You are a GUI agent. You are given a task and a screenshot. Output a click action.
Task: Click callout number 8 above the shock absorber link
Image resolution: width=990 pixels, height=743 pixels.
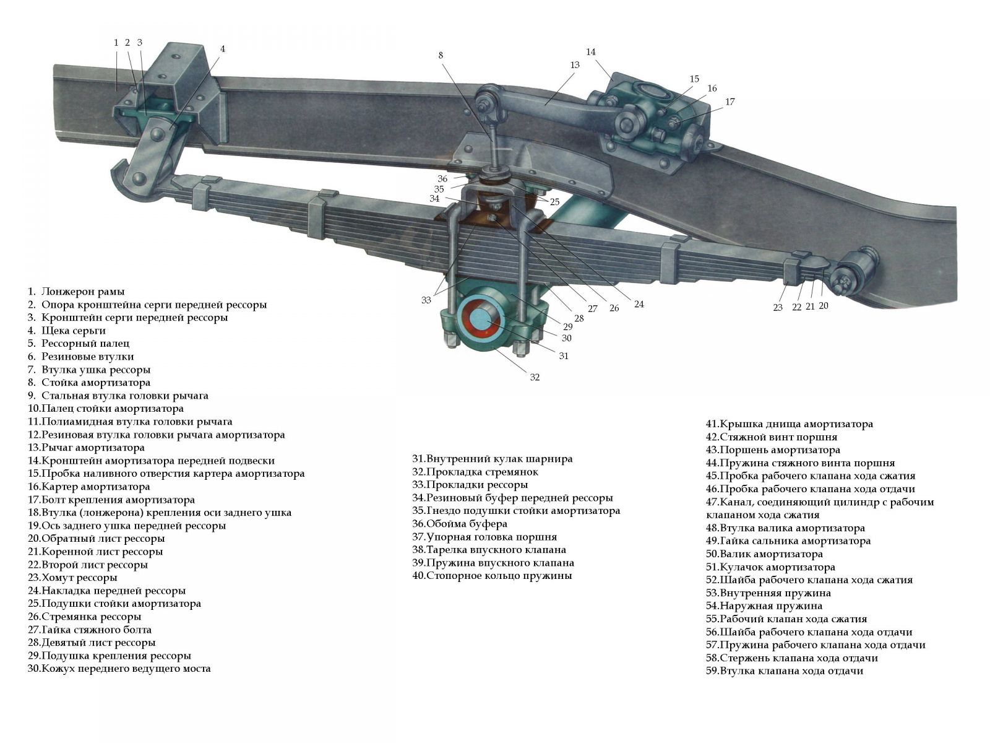pos(440,56)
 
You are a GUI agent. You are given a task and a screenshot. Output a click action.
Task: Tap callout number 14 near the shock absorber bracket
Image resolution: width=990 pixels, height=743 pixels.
pos(590,52)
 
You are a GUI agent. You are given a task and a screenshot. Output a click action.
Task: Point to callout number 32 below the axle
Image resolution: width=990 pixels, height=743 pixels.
pos(535,377)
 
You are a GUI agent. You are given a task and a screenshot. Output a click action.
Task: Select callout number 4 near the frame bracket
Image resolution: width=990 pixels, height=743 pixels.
pos(222,49)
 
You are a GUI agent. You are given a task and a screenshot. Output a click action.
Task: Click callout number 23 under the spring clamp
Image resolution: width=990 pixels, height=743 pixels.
pos(778,308)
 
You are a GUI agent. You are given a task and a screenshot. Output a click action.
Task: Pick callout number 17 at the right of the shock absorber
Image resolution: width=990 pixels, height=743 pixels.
pos(730,102)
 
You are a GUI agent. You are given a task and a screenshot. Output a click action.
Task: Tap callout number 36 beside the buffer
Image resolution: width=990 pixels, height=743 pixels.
pos(442,179)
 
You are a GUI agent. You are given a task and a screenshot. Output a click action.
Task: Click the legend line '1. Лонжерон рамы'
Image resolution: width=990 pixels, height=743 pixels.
pos(75,292)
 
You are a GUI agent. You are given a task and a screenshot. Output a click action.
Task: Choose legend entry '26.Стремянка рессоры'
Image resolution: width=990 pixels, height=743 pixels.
pos(84,616)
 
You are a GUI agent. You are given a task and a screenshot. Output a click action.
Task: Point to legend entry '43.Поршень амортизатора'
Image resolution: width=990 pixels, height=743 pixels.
pos(773,450)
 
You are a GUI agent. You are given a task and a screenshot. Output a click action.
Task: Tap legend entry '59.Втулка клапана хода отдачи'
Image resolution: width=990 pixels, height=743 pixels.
pos(785,671)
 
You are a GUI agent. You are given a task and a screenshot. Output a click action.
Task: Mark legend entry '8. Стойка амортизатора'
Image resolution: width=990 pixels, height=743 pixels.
pos(89,383)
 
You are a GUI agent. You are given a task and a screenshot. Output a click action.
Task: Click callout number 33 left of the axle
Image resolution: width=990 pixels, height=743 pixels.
pos(426,300)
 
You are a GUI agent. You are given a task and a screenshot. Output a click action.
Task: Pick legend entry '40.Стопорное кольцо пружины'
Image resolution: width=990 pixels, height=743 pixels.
pos(492,576)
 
